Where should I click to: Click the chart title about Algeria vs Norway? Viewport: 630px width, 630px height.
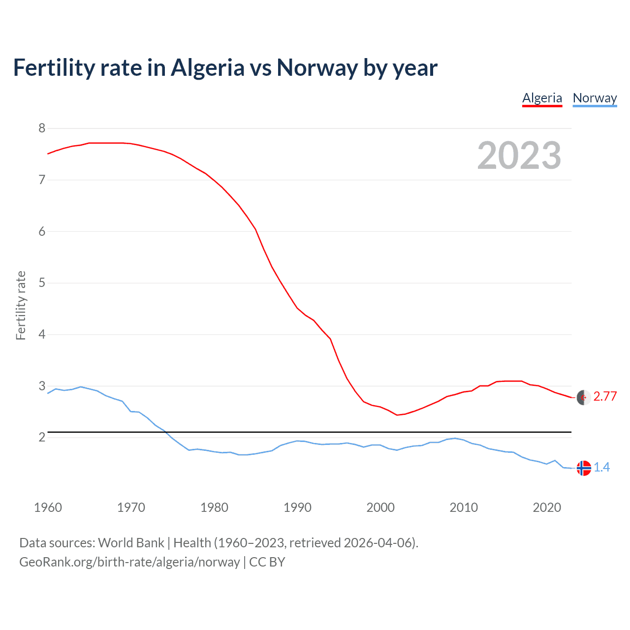(x=225, y=68)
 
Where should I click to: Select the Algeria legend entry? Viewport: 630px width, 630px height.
(x=542, y=98)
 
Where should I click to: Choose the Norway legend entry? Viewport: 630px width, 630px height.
(x=595, y=98)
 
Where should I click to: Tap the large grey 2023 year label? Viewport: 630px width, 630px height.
(x=519, y=156)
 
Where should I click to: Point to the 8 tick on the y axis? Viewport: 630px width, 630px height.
(x=42, y=128)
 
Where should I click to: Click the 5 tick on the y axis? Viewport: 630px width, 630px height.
(x=42, y=283)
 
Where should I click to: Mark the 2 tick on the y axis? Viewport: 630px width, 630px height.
(x=42, y=437)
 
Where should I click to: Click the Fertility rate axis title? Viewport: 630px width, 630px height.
(x=21, y=305)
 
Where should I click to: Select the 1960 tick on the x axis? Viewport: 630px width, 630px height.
(x=48, y=507)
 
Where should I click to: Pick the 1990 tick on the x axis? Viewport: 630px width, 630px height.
(x=297, y=507)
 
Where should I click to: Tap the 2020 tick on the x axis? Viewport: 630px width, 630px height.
(x=547, y=507)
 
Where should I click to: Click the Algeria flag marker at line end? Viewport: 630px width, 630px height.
(x=584, y=397)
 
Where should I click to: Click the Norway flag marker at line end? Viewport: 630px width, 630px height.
(x=584, y=468)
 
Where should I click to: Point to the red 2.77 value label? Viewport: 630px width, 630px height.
(x=605, y=397)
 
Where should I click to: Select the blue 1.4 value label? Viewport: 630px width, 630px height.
(x=601, y=468)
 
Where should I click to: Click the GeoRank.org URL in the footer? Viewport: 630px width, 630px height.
(x=129, y=562)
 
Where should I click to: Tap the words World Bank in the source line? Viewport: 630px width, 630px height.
(x=131, y=543)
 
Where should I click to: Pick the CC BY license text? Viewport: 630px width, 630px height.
(x=267, y=562)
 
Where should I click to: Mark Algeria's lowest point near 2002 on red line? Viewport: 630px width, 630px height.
(x=397, y=415)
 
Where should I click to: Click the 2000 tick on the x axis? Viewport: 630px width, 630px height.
(x=380, y=507)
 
